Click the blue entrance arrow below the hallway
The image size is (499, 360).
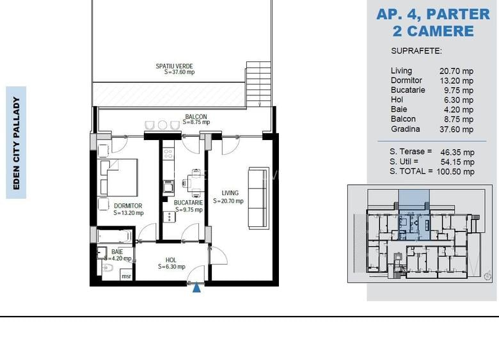click(197, 288)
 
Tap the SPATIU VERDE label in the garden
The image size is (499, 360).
click(175, 66)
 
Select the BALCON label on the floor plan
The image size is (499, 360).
click(196, 117)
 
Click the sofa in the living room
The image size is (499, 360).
click(258, 198)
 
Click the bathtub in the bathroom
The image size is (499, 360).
click(115, 237)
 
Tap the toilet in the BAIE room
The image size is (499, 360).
click(107, 268)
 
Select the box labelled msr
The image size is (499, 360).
click(126, 276)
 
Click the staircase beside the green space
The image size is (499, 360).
click(258, 84)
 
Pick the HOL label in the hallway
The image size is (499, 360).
click(171, 260)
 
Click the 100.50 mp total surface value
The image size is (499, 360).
click(455, 172)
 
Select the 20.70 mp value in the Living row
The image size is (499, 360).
click(456, 71)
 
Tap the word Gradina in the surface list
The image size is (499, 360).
click(406, 129)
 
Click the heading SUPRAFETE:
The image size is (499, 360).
click(416, 51)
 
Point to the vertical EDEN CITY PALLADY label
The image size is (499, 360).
click(16, 143)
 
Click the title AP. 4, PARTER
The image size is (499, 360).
click(433, 14)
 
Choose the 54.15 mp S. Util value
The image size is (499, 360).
click(457, 162)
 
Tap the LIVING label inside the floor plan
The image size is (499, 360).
click(230, 193)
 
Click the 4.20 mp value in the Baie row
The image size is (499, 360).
click(459, 110)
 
